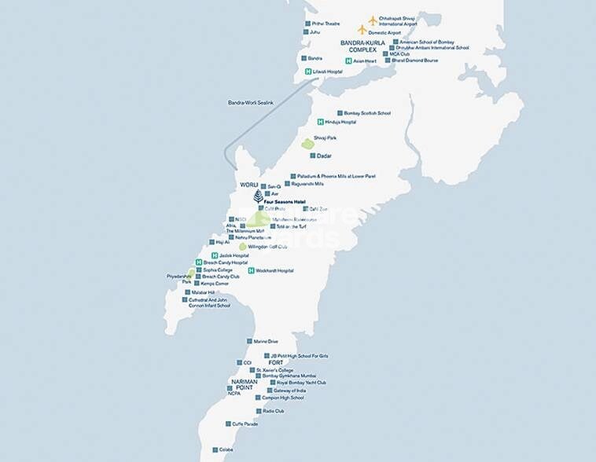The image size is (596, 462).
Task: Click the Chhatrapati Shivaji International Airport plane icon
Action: pos(373,20)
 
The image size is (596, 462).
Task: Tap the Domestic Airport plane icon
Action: pos(362,30)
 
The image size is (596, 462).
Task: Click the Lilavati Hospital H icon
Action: pos(308,71)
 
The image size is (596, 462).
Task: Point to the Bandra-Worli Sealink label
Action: pos(250,103)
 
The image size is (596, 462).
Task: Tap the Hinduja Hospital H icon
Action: pos(320,122)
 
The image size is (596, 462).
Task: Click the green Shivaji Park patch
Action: pos(307,144)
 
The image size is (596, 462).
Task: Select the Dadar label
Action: pos(324,156)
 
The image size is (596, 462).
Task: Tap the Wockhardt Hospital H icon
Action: pos(251,270)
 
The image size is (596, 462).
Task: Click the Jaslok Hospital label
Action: pos(234,256)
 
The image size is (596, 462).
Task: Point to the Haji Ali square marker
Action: pos(211,242)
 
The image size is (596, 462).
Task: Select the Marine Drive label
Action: pos(266,342)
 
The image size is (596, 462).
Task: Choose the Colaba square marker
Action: pos(215,450)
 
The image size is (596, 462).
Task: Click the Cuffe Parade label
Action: pos(245,423)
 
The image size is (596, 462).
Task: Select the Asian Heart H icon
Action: pos(348,60)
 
